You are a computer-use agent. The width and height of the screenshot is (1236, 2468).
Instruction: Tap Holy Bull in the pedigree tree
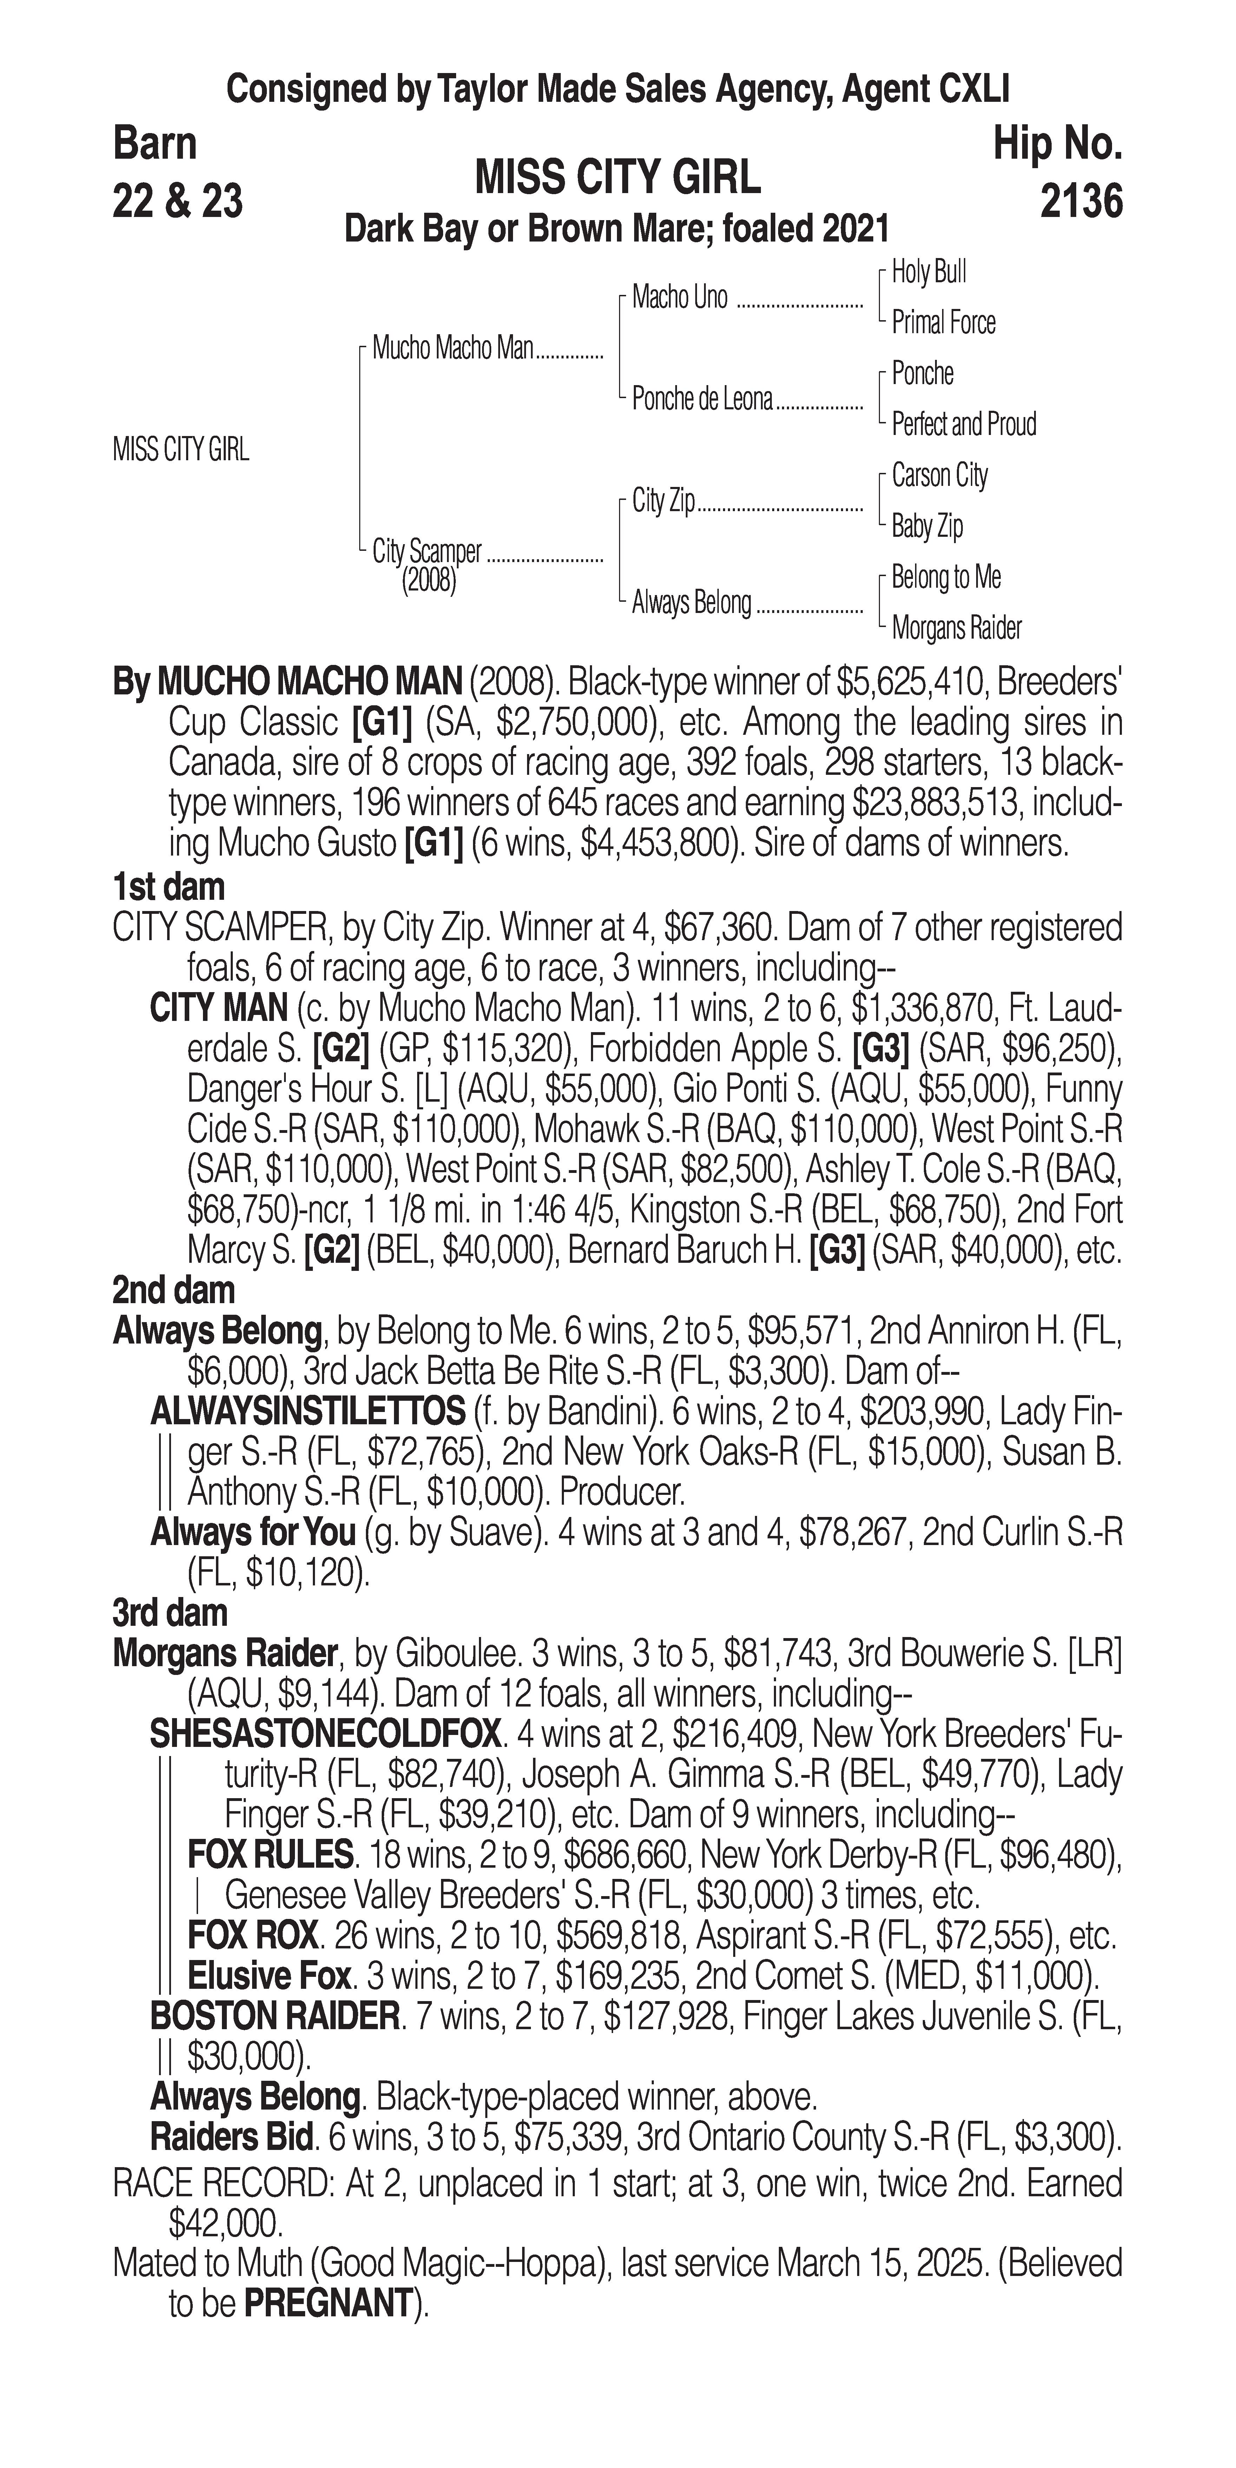point(928,272)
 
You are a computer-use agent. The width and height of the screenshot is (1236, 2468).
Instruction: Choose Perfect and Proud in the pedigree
point(963,424)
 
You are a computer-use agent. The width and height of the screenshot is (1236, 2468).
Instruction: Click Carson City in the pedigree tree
point(939,475)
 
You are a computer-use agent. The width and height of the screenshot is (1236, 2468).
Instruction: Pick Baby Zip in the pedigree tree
point(927,526)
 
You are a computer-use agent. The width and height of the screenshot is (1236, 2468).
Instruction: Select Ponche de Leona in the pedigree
point(701,400)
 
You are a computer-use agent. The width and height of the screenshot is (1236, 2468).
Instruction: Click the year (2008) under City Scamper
point(428,581)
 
